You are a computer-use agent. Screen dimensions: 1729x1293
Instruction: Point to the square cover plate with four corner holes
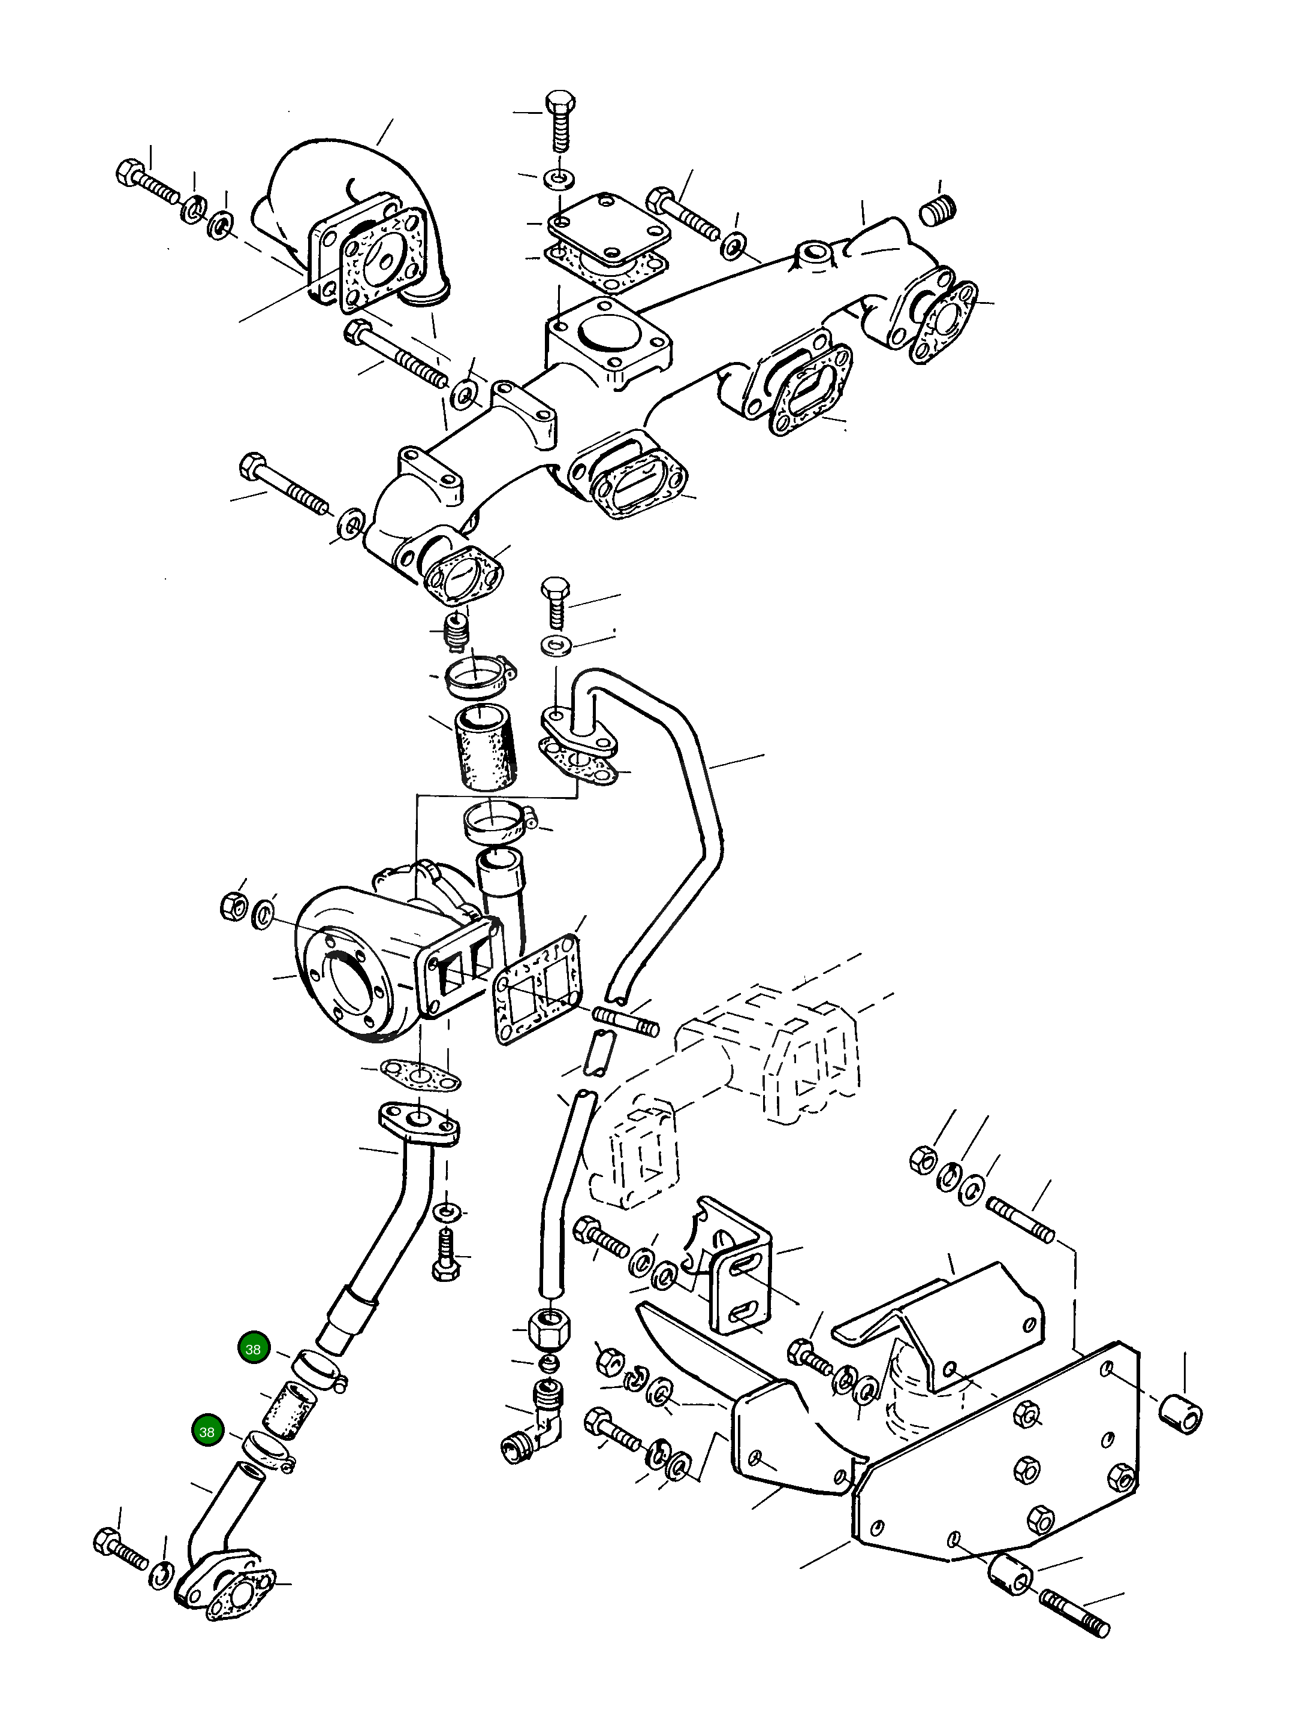click(x=609, y=228)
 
